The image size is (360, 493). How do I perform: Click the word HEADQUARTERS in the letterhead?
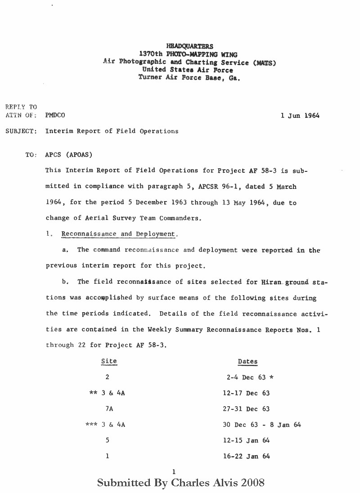(190, 46)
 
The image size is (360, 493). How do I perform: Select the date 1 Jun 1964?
(300, 115)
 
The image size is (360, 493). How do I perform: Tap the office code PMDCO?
(55, 115)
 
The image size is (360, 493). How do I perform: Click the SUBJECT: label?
(21, 131)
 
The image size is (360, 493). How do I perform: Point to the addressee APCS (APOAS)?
(69, 155)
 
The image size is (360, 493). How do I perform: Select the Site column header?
(109, 361)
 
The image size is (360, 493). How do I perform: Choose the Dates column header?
(247, 362)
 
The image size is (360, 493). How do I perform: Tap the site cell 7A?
(108, 409)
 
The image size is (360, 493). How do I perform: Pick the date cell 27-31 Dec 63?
(246, 409)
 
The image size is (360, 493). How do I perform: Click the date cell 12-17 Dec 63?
(246, 393)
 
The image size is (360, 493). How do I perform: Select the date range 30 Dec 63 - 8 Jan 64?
(262, 425)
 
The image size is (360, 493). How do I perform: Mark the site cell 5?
(107, 440)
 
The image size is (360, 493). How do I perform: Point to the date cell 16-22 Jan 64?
(246, 456)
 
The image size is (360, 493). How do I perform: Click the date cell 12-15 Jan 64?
(246, 440)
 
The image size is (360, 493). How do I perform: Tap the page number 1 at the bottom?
(173, 471)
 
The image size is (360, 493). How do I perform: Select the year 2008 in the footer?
(252, 483)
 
